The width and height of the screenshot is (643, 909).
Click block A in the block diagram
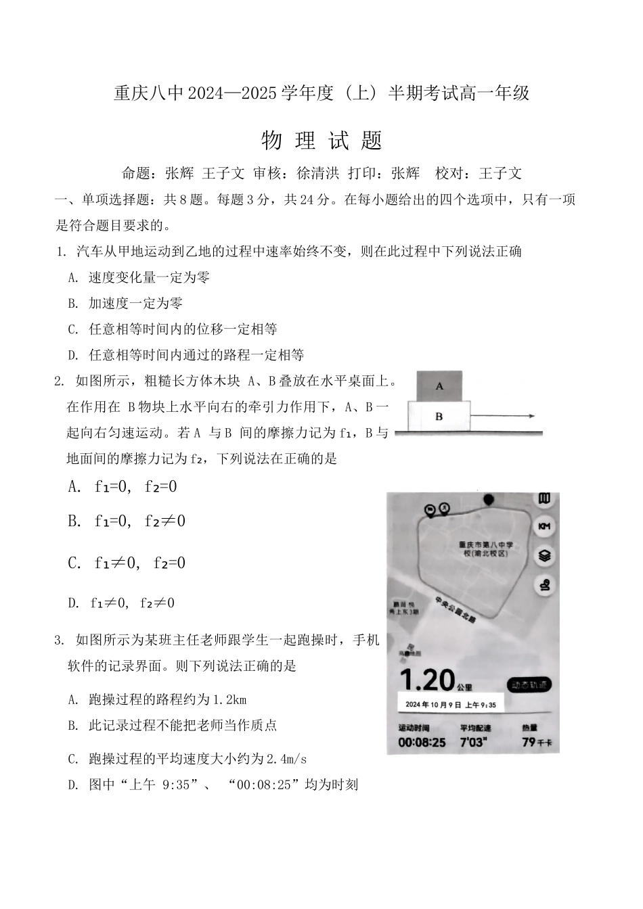(439, 386)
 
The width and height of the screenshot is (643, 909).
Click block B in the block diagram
(439, 416)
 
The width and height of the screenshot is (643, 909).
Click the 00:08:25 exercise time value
(422, 742)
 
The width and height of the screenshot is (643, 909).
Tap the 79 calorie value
(531, 742)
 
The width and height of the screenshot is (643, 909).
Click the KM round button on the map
(544, 526)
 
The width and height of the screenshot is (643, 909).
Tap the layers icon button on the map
(544, 556)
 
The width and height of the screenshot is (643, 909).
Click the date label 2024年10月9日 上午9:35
(450, 705)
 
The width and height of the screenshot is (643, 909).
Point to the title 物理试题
(321, 140)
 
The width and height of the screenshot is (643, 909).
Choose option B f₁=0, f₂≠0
(127, 521)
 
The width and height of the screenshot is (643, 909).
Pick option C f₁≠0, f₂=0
(127, 563)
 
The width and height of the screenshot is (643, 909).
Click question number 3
(60, 640)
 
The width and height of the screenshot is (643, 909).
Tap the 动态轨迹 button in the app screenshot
(530, 684)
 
